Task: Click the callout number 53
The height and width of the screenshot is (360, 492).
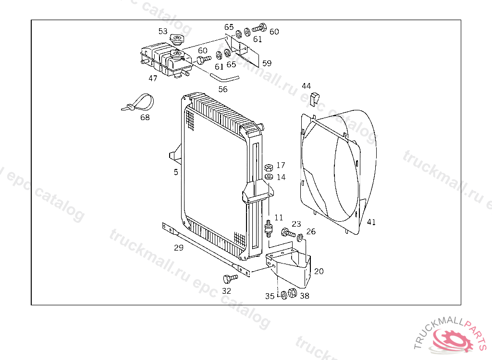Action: [163, 31]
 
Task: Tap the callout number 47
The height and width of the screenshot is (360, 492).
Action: [153, 78]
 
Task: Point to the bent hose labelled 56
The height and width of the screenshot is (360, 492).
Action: [224, 77]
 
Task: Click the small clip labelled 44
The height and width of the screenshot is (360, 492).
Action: [314, 99]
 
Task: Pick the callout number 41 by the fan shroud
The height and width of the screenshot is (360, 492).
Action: [371, 222]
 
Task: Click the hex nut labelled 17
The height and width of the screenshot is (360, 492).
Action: [269, 168]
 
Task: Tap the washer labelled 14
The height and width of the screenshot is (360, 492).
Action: [269, 177]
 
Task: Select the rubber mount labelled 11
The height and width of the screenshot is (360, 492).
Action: [268, 228]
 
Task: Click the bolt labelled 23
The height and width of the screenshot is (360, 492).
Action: [288, 233]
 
